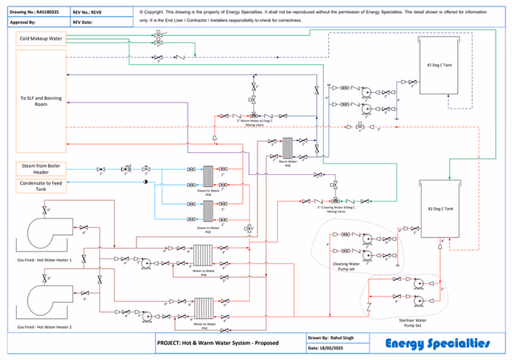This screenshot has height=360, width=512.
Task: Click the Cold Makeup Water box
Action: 41,39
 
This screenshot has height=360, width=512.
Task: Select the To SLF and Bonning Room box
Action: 41,101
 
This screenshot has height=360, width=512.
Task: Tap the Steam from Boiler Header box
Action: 41,169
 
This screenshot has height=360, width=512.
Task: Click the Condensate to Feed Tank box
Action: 41,186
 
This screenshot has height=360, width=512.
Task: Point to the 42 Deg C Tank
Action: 439,66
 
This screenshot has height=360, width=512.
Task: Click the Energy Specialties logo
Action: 438,343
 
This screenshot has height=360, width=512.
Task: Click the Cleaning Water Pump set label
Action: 346,267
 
